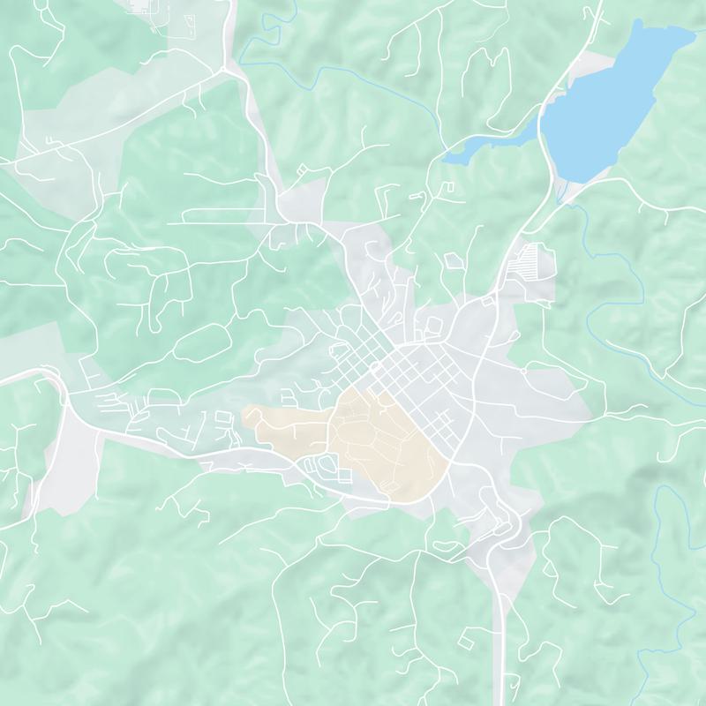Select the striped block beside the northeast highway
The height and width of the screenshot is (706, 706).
click(528, 260)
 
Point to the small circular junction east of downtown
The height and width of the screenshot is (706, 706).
click(523, 372)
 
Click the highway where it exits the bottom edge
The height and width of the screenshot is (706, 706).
click(504, 697)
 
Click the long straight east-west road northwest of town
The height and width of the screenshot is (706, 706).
click(221, 223)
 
